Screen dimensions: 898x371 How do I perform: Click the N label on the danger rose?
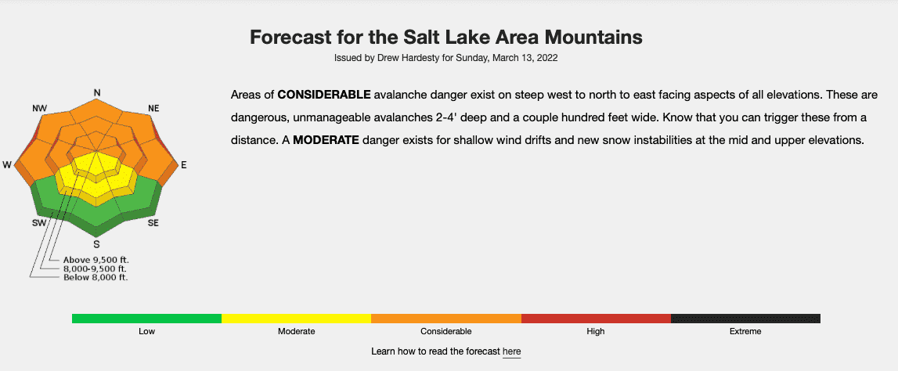pyautogui.click(x=97, y=92)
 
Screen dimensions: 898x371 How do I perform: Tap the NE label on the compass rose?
pyautogui.click(x=153, y=108)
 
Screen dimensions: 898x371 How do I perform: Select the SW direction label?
pyautogui.click(x=39, y=223)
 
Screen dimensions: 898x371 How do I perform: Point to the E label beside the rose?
pyautogui.click(x=184, y=165)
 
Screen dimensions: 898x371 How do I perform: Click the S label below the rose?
pyautogui.click(x=97, y=244)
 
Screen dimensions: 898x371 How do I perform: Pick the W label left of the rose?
pyautogui.click(x=7, y=165)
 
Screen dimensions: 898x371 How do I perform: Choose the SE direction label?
pyautogui.click(x=153, y=223)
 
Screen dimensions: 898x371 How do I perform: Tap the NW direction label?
pyautogui.click(x=39, y=108)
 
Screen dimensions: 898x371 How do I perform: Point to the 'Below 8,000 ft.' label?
pyautogui.click(x=96, y=278)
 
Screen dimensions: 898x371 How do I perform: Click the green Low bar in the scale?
pyautogui.click(x=146, y=319)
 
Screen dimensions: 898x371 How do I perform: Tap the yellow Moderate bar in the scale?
pyautogui.click(x=296, y=319)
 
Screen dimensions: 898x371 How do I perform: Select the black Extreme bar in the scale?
pyautogui.click(x=745, y=319)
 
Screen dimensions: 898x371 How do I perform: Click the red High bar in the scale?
pyautogui.click(x=596, y=319)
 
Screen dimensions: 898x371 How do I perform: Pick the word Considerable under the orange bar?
pyautogui.click(x=446, y=332)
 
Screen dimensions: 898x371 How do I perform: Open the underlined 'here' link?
pyautogui.click(x=511, y=351)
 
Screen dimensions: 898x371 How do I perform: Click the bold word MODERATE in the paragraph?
pyautogui.click(x=326, y=139)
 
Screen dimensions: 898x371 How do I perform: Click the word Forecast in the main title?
pyautogui.click(x=291, y=38)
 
